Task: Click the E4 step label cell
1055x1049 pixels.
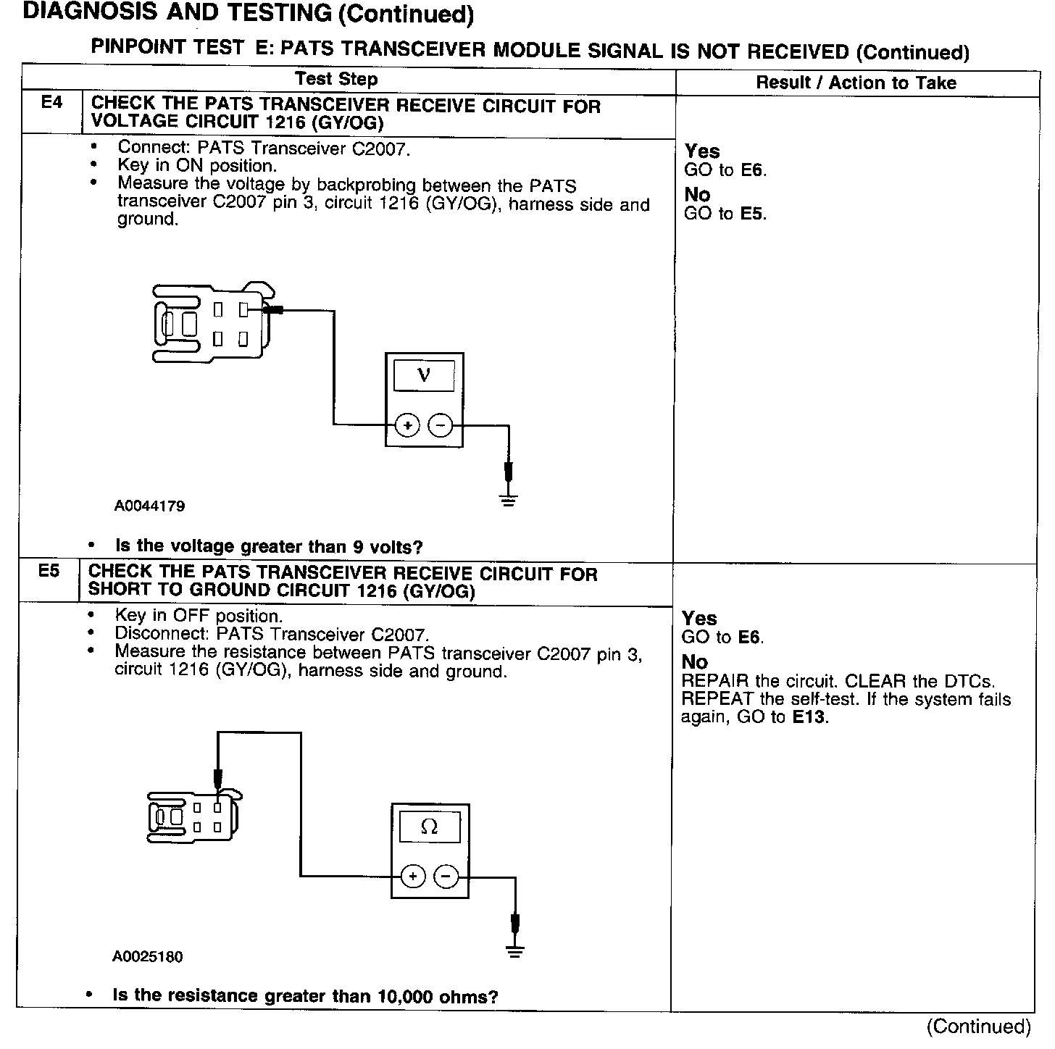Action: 52,103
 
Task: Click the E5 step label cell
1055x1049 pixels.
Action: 49,571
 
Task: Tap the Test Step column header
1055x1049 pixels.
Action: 337,79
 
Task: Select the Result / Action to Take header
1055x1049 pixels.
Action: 856,83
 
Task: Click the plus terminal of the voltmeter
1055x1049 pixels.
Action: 408,425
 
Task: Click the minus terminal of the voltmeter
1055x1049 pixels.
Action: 441,425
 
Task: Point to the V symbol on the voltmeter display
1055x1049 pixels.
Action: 424,375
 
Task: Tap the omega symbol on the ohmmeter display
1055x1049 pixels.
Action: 429,827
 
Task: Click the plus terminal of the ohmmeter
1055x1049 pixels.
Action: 413,877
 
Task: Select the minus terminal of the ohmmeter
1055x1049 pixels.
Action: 446,877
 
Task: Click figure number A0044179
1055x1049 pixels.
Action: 149,506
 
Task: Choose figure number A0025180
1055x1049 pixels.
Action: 147,957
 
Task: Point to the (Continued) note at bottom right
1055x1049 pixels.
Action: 978,1026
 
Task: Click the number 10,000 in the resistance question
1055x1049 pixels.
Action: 404,996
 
